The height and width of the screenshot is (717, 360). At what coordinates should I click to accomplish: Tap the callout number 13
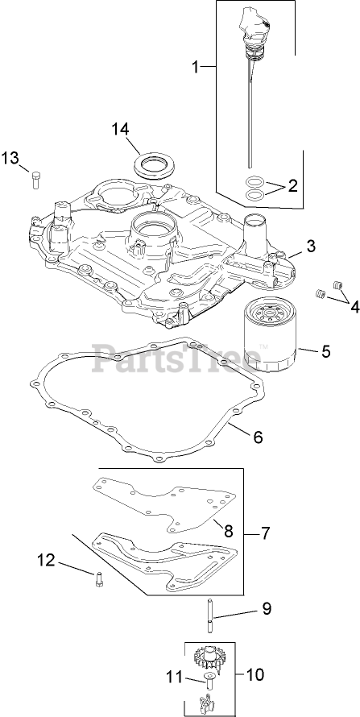pos(10,159)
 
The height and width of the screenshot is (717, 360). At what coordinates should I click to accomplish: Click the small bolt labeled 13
pos(36,179)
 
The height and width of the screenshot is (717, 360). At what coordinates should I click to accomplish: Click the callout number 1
pos(195,68)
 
